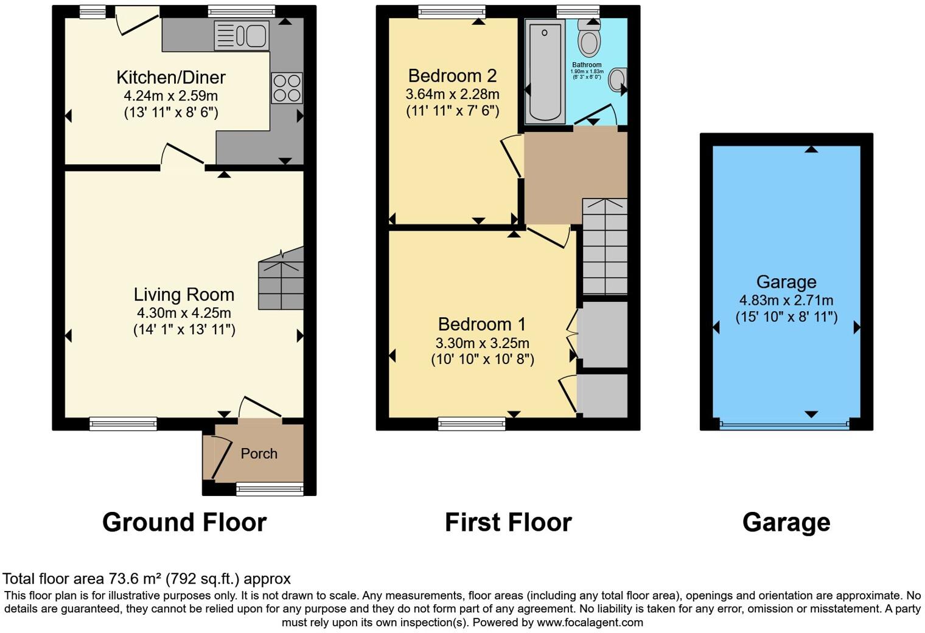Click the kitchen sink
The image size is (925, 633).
click(242, 35)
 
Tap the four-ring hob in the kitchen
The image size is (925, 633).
click(286, 88)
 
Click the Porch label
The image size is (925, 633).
click(259, 453)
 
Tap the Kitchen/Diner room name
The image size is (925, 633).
click(171, 77)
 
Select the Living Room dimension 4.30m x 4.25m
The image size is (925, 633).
click(184, 313)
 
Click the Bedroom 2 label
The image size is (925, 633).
click(452, 75)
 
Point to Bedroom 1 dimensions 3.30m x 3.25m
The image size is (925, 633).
click(482, 343)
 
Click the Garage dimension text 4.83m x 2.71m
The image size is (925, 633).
click(786, 300)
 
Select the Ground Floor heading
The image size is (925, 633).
click(184, 522)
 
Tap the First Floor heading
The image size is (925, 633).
click(508, 522)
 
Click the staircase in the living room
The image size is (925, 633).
click(281, 279)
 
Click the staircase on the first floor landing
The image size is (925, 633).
click(604, 247)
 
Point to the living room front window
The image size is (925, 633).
click(123, 424)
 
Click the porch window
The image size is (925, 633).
click(270, 488)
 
